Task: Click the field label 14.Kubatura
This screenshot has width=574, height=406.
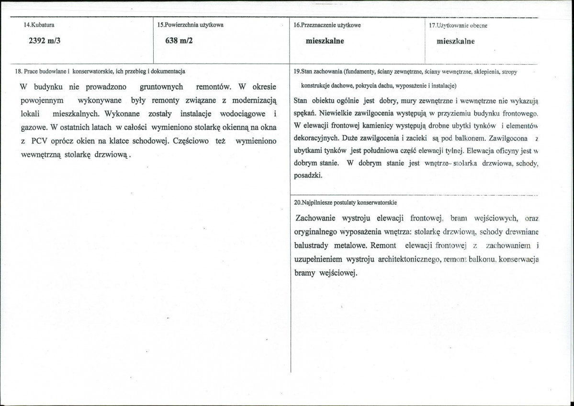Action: point(39,25)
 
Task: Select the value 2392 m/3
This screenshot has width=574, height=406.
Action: point(46,41)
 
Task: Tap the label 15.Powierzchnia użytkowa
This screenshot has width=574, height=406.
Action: point(190,25)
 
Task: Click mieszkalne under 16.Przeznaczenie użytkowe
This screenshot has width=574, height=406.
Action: point(325,41)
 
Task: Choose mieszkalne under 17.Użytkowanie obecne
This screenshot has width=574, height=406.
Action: point(456,41)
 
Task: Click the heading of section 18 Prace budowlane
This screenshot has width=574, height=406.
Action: point(101,71)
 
